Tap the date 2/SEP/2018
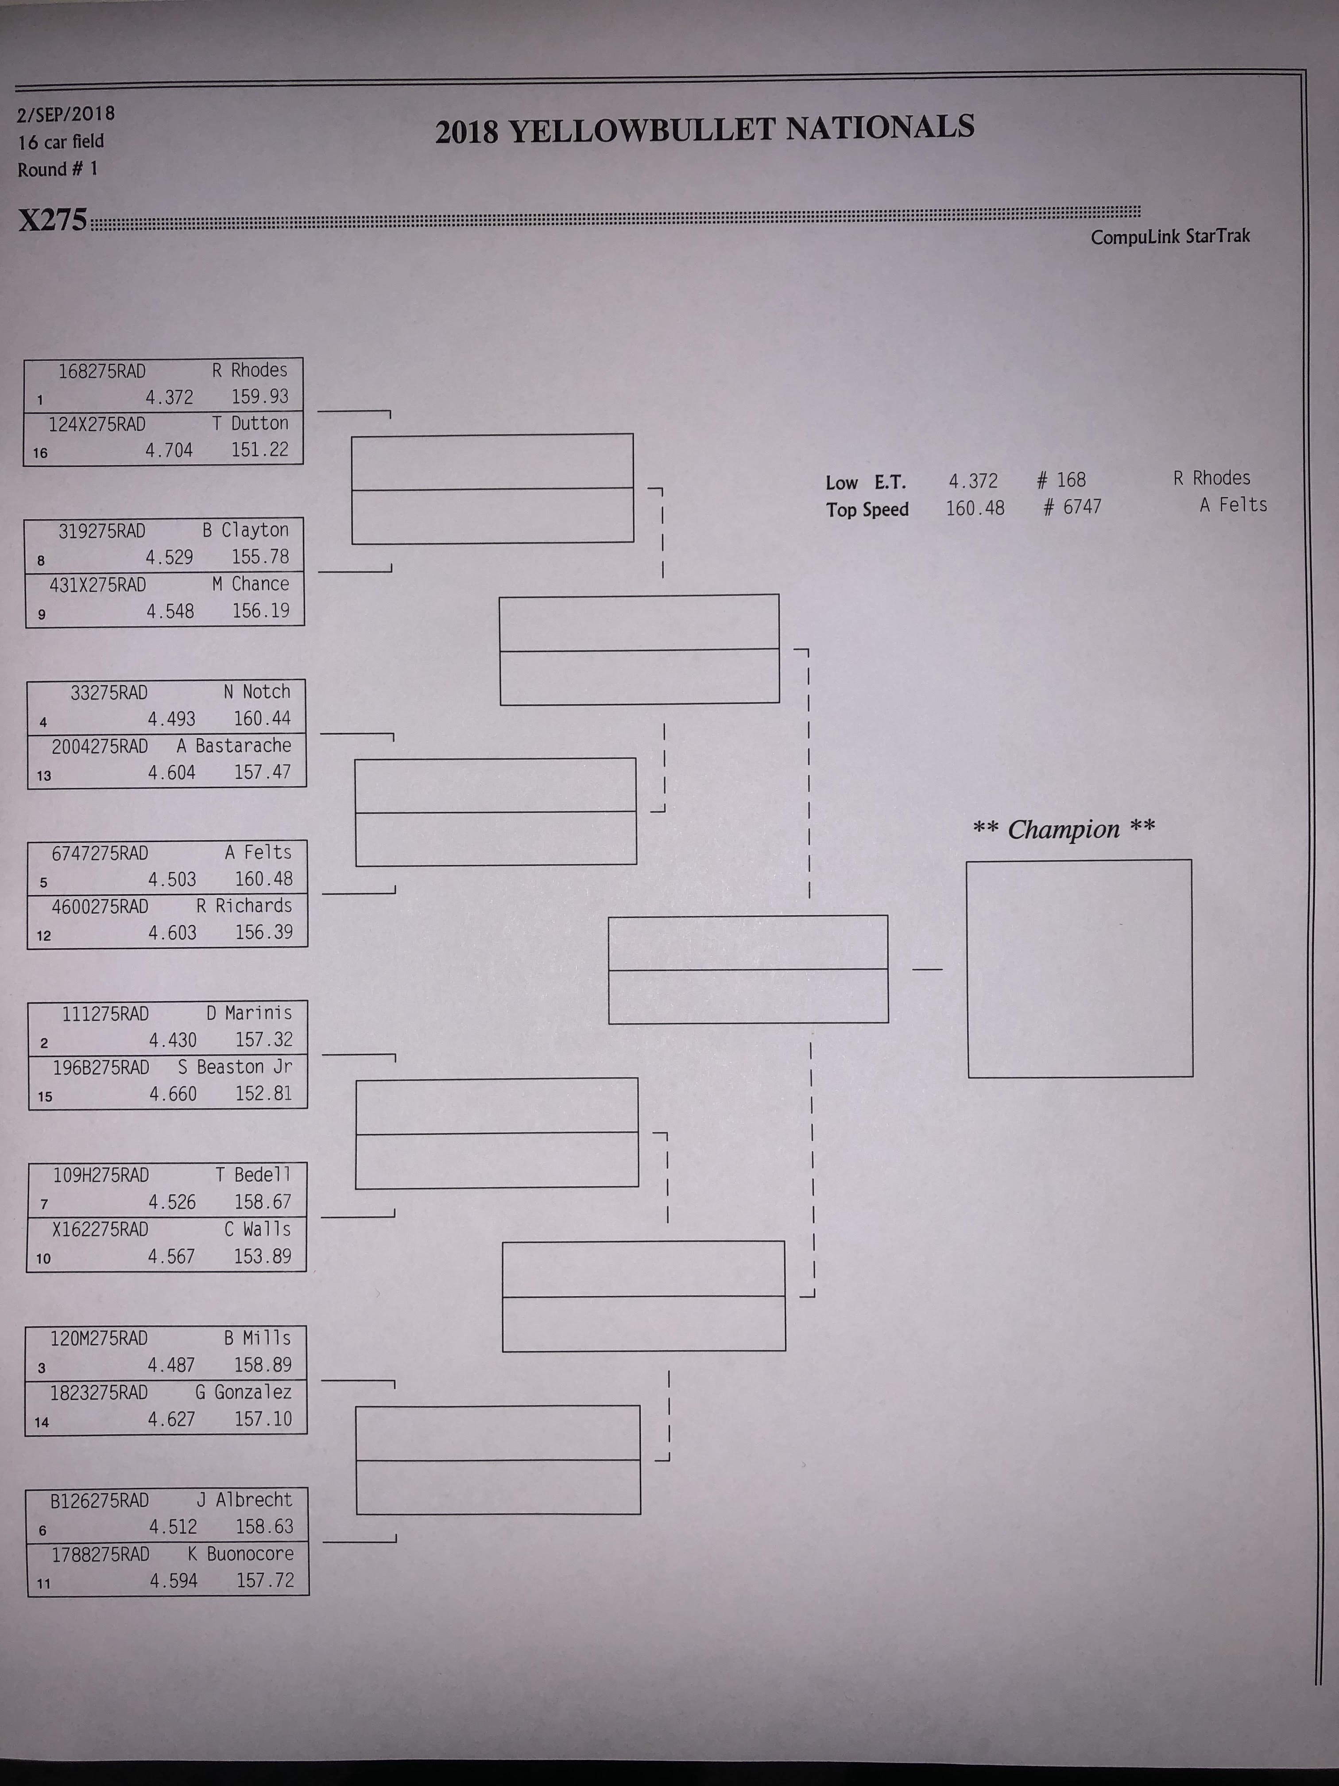click(66, 114)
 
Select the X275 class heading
click(52, 220)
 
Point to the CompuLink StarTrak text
click(1170, 237)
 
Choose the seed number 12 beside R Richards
click(43, 936)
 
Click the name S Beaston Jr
click(235, 1067)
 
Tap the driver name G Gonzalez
click(243, 1392)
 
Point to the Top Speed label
click(867, 509)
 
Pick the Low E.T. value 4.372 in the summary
click(973, 481)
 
